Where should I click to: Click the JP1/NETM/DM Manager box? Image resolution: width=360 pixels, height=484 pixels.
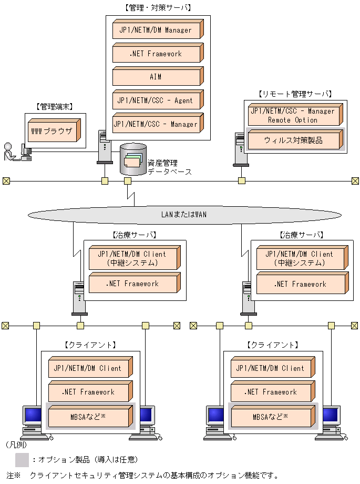156,30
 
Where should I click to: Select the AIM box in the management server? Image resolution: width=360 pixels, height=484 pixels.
156,77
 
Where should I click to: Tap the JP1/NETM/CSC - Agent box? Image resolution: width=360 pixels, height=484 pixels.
156,100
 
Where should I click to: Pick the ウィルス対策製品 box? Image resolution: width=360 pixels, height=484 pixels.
293,140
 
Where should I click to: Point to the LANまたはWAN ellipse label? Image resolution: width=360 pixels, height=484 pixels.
183,214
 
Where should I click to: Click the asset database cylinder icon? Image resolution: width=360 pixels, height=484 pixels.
133,158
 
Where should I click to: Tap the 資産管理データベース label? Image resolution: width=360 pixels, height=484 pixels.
169,167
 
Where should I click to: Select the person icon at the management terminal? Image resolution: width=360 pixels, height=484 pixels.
8,151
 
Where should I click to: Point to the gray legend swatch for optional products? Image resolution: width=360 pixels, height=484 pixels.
22,460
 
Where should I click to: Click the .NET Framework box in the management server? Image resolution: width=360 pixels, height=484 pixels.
156,54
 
